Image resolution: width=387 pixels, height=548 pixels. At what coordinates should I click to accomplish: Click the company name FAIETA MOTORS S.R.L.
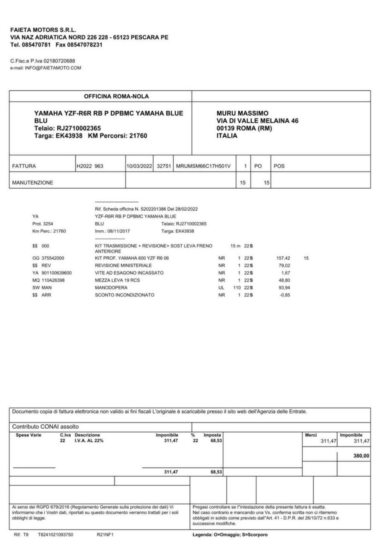43,30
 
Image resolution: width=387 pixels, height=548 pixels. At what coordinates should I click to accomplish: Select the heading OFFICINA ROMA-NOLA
116,96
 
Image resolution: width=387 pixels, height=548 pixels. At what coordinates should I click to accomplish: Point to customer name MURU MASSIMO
242,113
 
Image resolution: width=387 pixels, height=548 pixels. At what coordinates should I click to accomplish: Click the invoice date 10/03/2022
139,166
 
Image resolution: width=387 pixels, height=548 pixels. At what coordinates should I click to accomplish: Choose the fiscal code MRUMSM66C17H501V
203,166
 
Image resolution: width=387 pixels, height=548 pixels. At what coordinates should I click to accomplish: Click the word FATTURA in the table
24,166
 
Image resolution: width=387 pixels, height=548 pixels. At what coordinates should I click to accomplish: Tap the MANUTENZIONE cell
33,183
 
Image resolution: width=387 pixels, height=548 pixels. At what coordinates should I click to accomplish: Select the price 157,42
283,258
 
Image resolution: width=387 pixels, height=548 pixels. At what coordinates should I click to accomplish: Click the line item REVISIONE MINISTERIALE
123,266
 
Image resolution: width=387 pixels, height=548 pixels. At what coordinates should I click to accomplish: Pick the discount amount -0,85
285,295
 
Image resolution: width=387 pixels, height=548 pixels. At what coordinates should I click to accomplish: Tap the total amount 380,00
361,456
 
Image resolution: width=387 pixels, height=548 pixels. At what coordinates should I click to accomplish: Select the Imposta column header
212,435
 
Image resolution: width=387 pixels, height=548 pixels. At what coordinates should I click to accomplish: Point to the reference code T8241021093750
55,535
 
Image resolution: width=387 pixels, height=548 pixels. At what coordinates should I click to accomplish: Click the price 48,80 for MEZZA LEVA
284,280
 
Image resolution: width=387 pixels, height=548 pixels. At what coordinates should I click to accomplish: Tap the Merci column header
311,435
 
